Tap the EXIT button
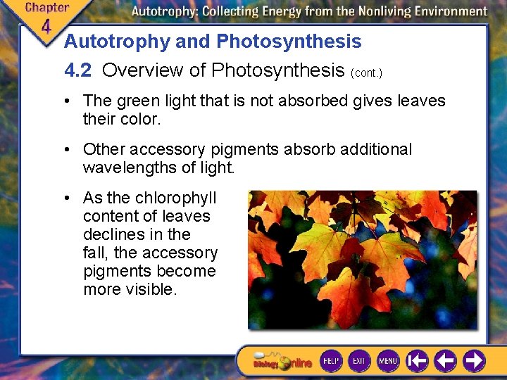[359, 361]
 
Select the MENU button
[388, 361]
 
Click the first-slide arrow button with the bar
[418, 361]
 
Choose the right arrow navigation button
[474, 361]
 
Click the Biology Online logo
[282, 362]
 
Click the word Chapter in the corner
[47, 8]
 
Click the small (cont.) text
[365, 72]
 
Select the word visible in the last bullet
[150, 289]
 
